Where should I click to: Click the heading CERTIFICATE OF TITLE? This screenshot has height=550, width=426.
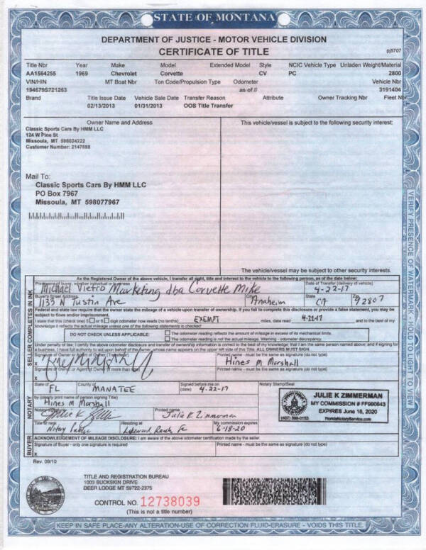[213, 52]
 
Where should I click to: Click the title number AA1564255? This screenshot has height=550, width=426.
[41, 73]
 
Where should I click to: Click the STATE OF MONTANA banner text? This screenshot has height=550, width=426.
[213, 16]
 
